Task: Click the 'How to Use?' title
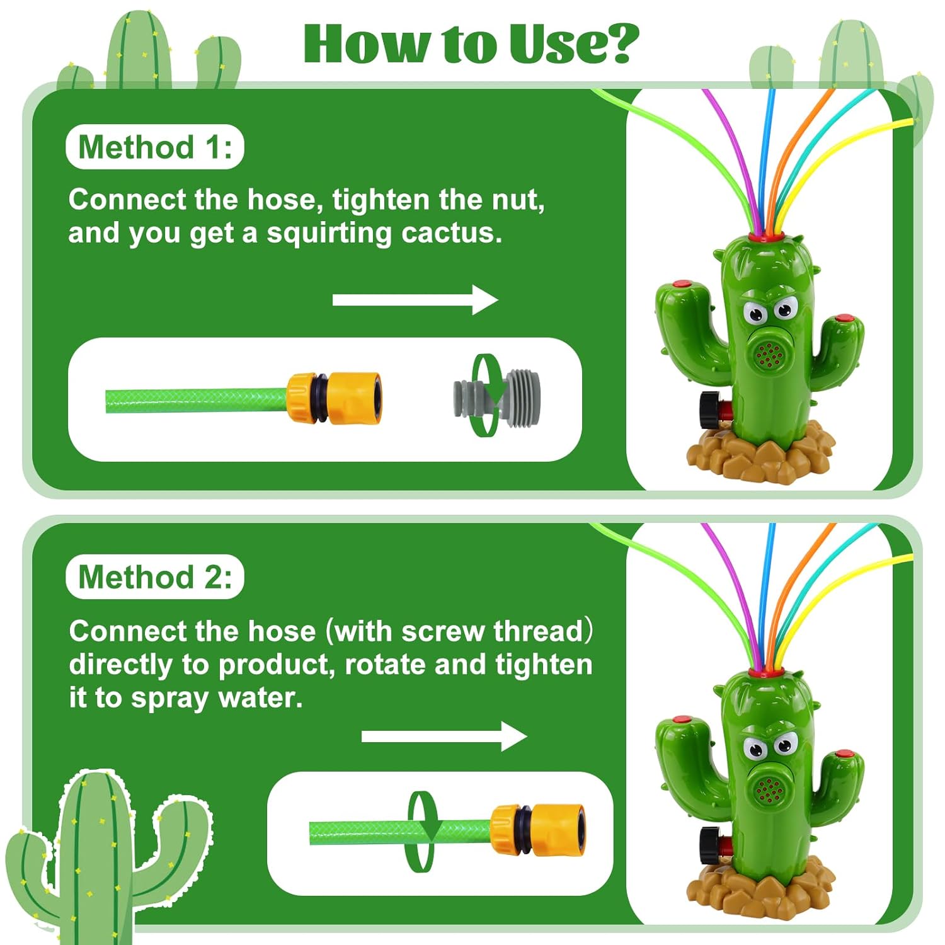pyautogui.click(x=471, y=44)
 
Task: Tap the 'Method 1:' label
pyautogui.click(x=155, y=147)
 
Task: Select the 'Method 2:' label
pyautogui.click(x=155, y=577)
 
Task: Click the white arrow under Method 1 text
pyautogui.click(x=415, y=300)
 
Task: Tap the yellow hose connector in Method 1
pyautogui.click(x=333, y=398)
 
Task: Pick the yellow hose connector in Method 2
pyautogui.click(x=537, y=830)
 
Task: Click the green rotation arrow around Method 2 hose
pyautogui.click(x=422, y=832)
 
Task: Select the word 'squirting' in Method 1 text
pyautogui.click(x=329, y=233)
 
